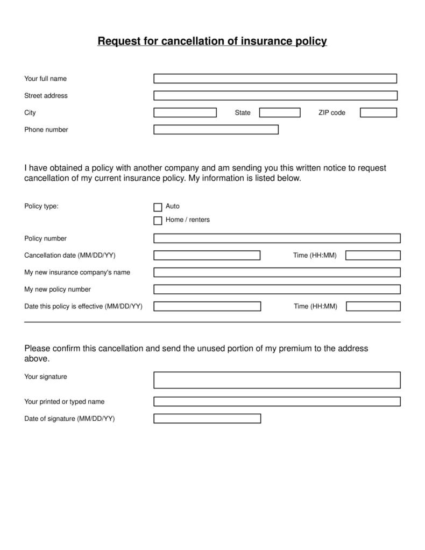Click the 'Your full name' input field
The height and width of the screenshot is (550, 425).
pos(275,79)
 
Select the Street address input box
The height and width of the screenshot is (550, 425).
pos(275,96)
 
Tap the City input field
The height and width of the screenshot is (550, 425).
pos(185,112)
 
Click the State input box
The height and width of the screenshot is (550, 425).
pos(280,112)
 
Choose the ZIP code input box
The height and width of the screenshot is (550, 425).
pos(378,112)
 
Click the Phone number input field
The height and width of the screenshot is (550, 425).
pos(216,130)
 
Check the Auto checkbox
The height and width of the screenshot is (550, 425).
pos(158,207)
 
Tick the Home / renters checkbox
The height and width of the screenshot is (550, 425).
pos(158,221)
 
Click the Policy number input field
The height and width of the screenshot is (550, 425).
pos(277,238)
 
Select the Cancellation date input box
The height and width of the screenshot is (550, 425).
pos(207,255)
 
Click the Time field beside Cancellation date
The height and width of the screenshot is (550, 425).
pos(373,255)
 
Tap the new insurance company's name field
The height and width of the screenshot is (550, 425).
pos(277,272)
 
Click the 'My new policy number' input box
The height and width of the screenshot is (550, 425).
pos(277,290)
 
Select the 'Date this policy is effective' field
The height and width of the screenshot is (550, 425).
pos(207,306)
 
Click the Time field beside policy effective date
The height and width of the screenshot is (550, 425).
pos(373,306)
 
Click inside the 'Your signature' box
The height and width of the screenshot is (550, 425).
pos(277,380)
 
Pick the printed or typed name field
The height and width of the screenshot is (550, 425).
pos(277,401)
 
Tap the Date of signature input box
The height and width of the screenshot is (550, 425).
pos(207,419)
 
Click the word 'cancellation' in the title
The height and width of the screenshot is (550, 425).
pos(192,41)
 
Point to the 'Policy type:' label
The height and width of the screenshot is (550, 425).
pos(41,206)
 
